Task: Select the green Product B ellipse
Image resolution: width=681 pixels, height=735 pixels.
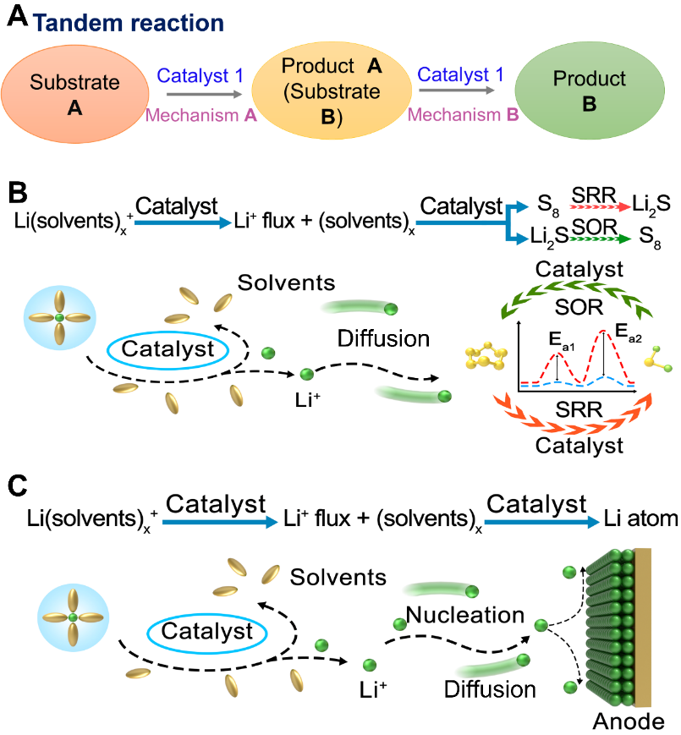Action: click(x=589, y=91)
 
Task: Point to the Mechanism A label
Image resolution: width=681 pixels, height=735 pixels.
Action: click(x=202, y=115)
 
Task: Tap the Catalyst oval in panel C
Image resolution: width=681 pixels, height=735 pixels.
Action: click(x=207, y=630)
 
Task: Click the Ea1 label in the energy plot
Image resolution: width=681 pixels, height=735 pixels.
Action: click(x=554, y=339)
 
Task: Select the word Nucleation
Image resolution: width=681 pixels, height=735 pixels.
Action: click(x=464, y=615)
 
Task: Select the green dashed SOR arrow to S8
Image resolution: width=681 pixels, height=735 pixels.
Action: click(x=597, y=239)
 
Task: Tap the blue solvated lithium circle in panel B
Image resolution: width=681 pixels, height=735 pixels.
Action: click(x=59, y=317)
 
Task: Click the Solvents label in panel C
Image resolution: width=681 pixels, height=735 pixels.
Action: click(x=338, y=578)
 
